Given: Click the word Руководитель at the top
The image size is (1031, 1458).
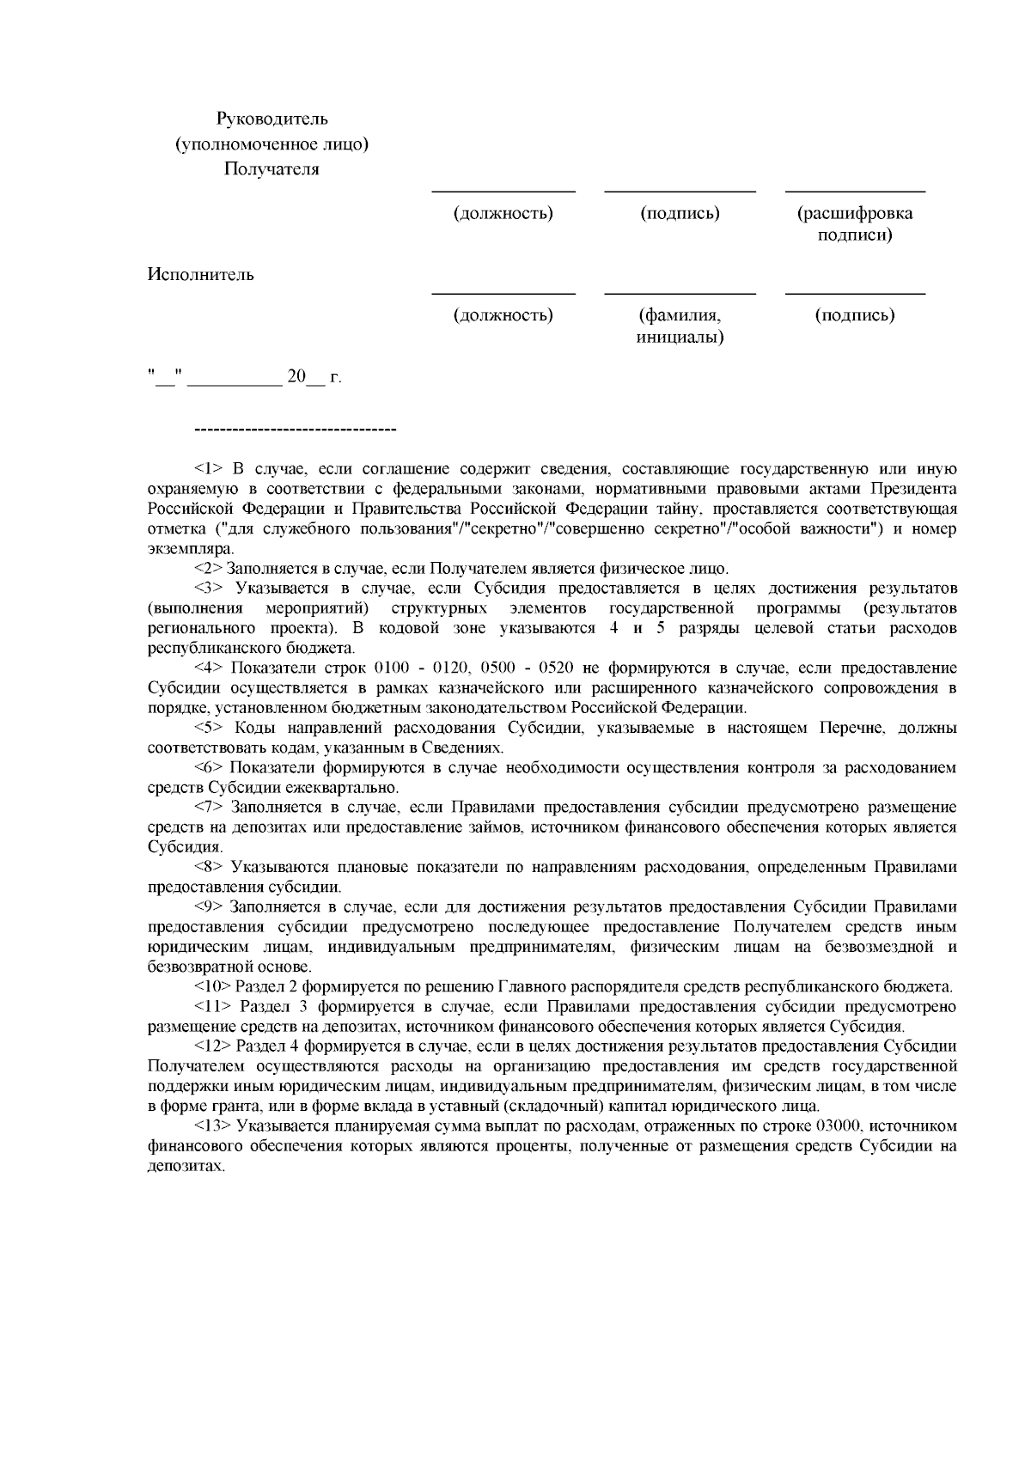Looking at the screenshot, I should (271, 119).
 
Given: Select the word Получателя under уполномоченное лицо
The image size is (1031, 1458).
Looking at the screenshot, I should (271, 169).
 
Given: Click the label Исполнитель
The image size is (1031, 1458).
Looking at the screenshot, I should (200, 275).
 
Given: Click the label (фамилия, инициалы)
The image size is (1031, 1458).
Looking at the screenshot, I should (680, 326).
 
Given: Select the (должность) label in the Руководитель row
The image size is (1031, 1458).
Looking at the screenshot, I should (503, 213).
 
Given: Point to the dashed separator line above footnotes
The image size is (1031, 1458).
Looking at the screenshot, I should (296, 429).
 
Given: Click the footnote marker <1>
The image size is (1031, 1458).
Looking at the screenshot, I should (209, 469).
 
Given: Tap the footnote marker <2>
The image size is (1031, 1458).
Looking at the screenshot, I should (209, 569).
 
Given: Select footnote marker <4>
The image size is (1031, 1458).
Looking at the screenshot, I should (209, 668).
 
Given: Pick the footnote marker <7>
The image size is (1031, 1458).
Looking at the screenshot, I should (209, 808).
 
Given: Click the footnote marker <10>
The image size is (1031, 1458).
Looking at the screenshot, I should (212, 987).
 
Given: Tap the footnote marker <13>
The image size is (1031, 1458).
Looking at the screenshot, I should (212, 1126).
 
